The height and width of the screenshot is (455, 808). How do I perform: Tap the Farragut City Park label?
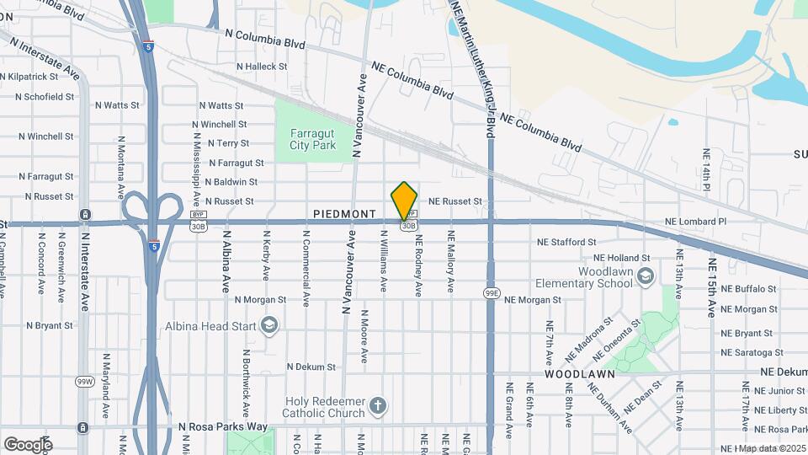(312, 139)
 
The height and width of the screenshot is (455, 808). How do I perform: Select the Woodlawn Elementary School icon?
(645, 276)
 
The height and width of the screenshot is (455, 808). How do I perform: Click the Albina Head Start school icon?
(268, 325)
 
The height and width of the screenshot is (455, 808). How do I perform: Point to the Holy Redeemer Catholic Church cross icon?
(378, 406)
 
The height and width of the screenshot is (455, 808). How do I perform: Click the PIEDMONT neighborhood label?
(344, 214)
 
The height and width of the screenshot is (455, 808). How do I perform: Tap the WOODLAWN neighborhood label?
(579, 373)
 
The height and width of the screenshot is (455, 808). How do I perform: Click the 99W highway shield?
(84, 382)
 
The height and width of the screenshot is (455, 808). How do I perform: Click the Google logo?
(28, 444)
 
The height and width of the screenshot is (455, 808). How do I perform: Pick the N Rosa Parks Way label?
(223, 427)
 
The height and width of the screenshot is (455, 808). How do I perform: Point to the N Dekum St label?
(311, 367)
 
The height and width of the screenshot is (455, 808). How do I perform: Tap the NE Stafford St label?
(568, 243)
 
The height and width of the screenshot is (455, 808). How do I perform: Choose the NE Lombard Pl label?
(694, 222)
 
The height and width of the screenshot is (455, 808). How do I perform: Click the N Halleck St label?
(262, 66)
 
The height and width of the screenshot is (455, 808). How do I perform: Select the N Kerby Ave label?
(266, 256)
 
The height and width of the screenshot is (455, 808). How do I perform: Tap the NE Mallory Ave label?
(451, 262)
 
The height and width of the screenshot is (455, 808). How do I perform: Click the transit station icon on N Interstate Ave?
(85, 215)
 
